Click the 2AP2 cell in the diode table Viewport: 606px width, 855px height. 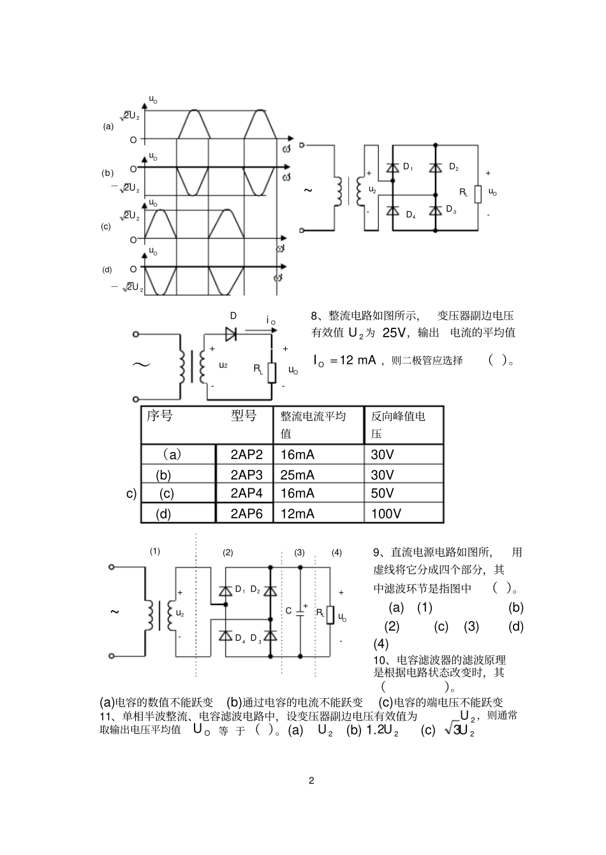coord(246,455)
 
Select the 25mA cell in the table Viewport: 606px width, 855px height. coord(297,475)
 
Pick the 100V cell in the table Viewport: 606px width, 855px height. coord(386,513)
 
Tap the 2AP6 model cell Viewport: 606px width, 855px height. coord(246,513)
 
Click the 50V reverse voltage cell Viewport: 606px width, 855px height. coord(383,493)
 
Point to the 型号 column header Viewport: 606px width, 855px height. coord(244,416)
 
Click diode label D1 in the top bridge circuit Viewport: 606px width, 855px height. coord(408,167)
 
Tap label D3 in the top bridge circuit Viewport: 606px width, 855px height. coord(451,209)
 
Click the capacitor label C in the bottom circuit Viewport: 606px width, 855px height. coord(288,611)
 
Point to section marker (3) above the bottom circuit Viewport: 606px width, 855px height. coord(299,553)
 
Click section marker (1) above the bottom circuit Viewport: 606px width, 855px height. coord(155,552)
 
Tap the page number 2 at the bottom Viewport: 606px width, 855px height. coord(311,781)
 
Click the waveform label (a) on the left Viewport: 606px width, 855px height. coord(108,126)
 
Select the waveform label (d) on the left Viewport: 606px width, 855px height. coord(107,270)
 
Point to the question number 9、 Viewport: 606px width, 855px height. coord(380,553)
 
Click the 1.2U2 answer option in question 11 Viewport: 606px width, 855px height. coord(382,731)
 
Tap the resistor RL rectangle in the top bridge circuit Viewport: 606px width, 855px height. coord(477,193)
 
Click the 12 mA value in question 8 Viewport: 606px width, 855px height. coord(358,360)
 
